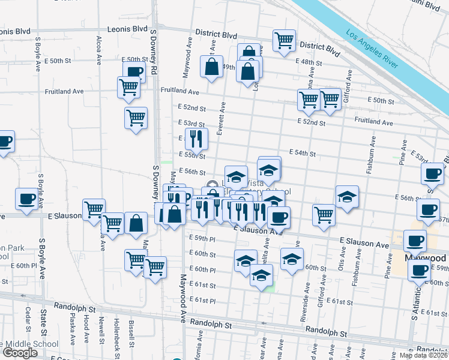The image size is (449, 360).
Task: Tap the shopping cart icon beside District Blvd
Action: (x=284, y=41)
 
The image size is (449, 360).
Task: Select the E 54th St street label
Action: (x=302, y=154)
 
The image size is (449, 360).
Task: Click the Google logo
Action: (x=20, y=353)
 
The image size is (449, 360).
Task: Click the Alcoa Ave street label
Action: (x=99, y=50)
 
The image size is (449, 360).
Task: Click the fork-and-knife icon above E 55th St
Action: (x=196, y=140)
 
